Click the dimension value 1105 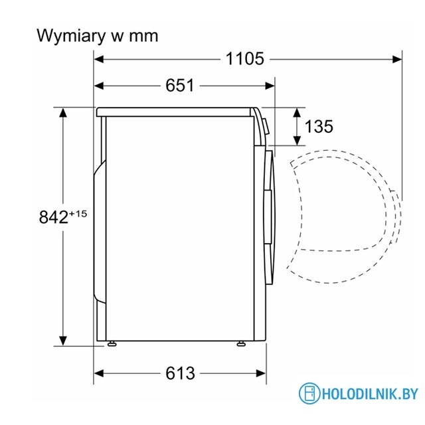click(x=244, y=58)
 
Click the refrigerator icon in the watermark click(x=307, y=394)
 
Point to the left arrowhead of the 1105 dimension click(x=98, y=58)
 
